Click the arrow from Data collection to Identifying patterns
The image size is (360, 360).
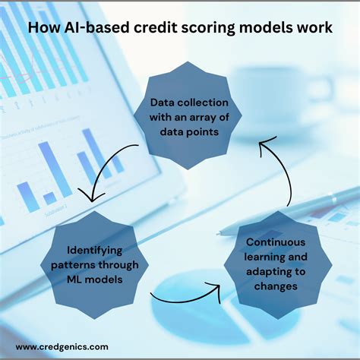(x=103, y=171)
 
